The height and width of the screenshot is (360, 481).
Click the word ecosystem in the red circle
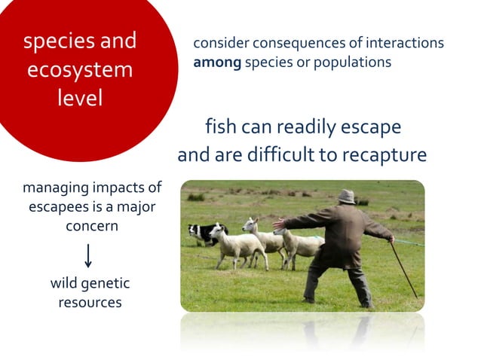(80, 69)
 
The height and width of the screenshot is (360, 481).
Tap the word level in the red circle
(80, 98)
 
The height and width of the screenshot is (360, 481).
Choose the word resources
(90, 302)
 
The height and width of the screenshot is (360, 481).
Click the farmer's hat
(346, 196)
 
